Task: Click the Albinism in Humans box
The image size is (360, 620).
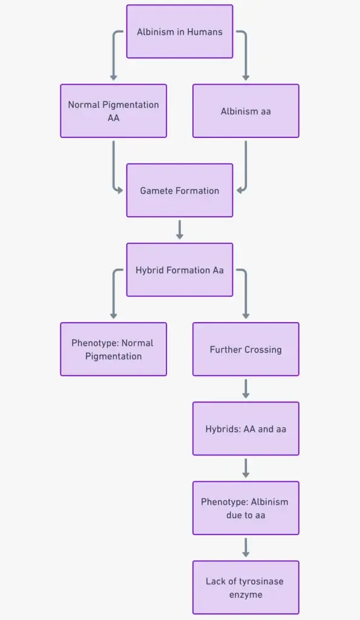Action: coord(180,31)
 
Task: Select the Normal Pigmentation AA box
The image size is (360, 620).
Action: coord(113,111)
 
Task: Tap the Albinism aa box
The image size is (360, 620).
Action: coord(246,111)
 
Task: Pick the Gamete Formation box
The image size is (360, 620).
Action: coord(180,191)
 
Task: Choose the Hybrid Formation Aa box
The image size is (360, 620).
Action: coord(180,270)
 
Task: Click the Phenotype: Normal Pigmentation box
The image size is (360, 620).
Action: coord(113,349)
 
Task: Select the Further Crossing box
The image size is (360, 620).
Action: coord(246,349)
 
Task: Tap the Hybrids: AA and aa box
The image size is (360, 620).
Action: coord(246,429)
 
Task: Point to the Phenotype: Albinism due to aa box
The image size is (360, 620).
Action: coord(246,508)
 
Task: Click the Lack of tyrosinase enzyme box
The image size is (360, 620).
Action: coord(246,587)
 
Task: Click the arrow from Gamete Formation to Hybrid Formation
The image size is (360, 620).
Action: coord(180,229)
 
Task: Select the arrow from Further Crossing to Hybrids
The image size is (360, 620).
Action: coord(246,389)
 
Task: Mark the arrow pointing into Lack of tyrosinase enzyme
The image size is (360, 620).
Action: coord(246,547)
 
